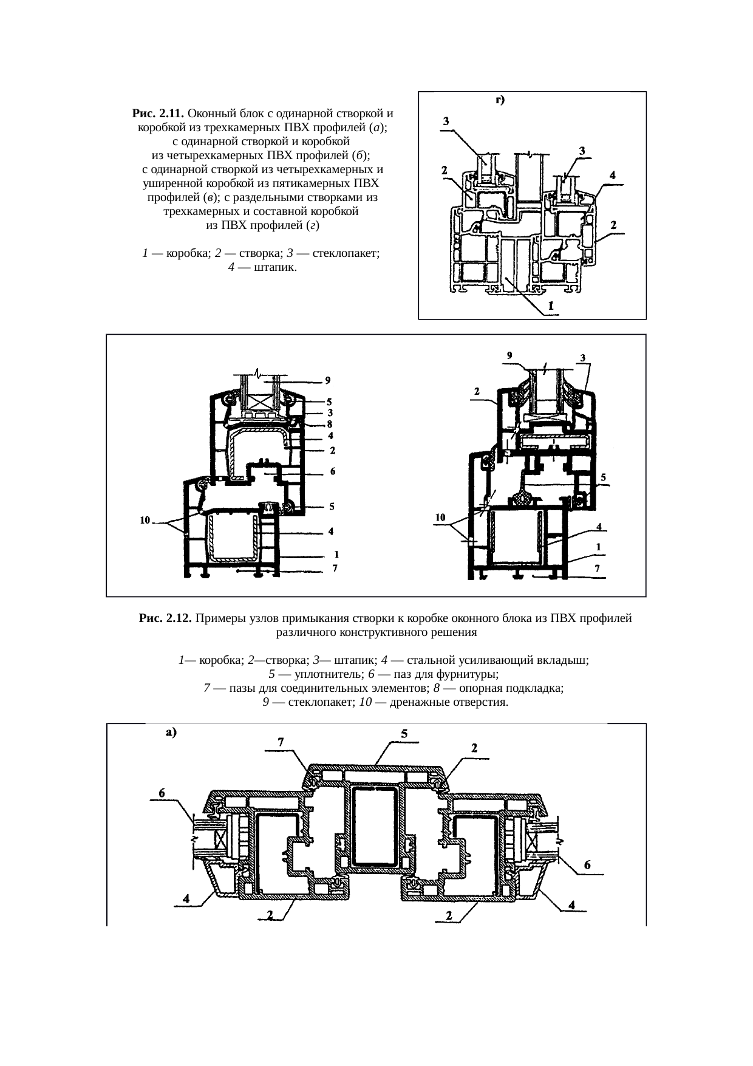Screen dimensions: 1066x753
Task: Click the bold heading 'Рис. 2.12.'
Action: click(165, 618)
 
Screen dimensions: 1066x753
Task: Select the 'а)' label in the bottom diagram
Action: click(171, 733)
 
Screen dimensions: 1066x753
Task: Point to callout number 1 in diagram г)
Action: click(550, 306)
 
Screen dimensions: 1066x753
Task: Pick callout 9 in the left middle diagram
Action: click(327, 381)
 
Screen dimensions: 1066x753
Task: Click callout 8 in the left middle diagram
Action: click(331, 424)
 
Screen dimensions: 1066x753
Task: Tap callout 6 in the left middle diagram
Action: click(333, 471)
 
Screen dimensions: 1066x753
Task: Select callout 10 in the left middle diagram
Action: click(145, 520)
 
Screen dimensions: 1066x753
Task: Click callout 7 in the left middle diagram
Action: click(335, 569)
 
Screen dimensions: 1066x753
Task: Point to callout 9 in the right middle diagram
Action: click(509, 355)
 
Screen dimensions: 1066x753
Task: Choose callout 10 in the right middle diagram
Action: click(440, 518)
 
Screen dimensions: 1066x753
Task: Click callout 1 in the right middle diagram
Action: click(599, 547)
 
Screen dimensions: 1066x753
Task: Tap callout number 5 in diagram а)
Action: click(404, 734)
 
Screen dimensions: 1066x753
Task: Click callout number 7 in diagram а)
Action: click(281, 742)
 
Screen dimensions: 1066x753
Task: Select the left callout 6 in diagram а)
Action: click(162, 793)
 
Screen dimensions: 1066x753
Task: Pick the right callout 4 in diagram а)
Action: click(571, 905)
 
